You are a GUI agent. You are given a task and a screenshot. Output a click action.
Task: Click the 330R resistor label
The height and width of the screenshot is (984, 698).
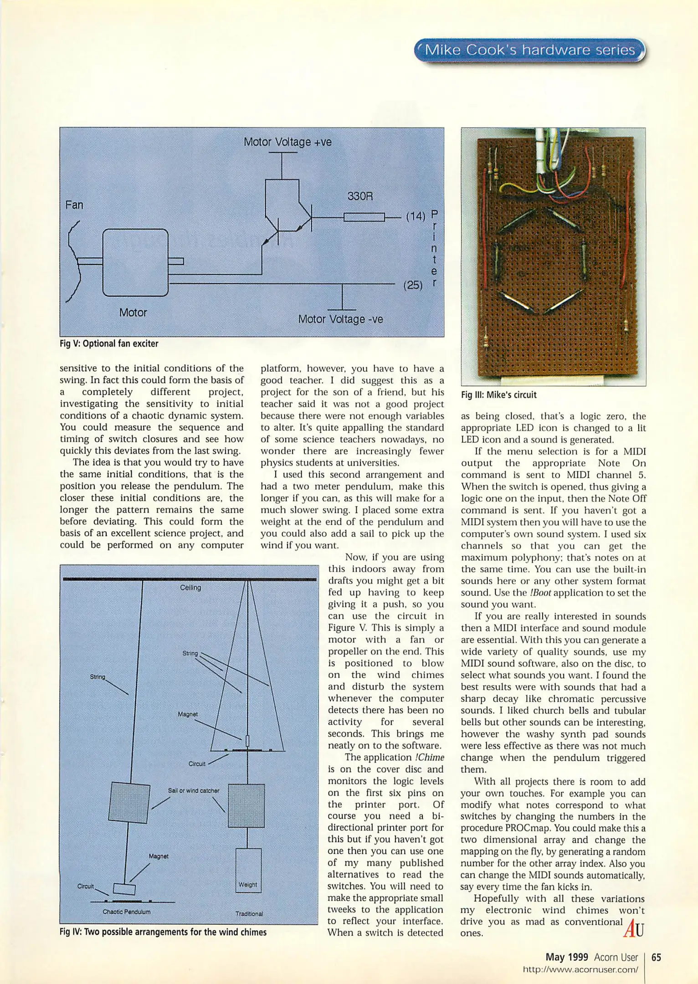click(x=360, y=196)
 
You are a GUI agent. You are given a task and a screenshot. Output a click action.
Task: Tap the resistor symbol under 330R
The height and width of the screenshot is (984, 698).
click(x=364, y=217)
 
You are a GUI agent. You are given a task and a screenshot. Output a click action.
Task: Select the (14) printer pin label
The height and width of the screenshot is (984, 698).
click(x=415, y=216)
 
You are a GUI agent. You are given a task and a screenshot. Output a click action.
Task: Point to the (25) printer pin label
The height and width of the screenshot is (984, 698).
click(x=413, y=285)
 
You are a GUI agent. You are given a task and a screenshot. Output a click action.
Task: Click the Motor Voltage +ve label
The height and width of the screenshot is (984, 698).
click(x=287, y=142)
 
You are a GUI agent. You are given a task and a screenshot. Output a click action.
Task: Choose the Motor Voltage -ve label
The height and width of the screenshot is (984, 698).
click(x=340, y=319)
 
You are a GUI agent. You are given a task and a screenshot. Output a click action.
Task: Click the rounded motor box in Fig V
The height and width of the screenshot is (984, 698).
click(x=135, y=262)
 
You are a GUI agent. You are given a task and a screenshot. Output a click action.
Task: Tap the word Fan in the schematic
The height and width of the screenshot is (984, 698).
click(x=74, y=205)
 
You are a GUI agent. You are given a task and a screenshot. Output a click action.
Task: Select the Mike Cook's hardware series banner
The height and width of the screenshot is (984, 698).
click(x=529, y=50)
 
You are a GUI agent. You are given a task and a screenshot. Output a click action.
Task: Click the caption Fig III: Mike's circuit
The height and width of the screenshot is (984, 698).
click(x=498, y=395)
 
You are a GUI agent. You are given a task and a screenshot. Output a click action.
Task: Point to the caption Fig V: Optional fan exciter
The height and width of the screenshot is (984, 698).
click(x=109, y=344)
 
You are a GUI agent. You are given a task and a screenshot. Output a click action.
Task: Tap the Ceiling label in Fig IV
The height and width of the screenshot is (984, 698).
click(x=190, y=588)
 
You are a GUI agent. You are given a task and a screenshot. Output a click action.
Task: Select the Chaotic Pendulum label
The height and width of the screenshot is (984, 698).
click(x=127, y=912)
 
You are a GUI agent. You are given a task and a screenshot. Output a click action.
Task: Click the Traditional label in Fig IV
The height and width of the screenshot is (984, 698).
click(x=249, y=914)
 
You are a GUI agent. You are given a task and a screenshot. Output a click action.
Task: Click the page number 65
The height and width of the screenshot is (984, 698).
click(x=656, y=957)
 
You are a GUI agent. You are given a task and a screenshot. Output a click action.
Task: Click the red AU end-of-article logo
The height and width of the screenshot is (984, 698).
click(x=633, y=928)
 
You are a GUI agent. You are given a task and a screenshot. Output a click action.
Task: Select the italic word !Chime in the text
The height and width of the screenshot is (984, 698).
click(x=429, y=758)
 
